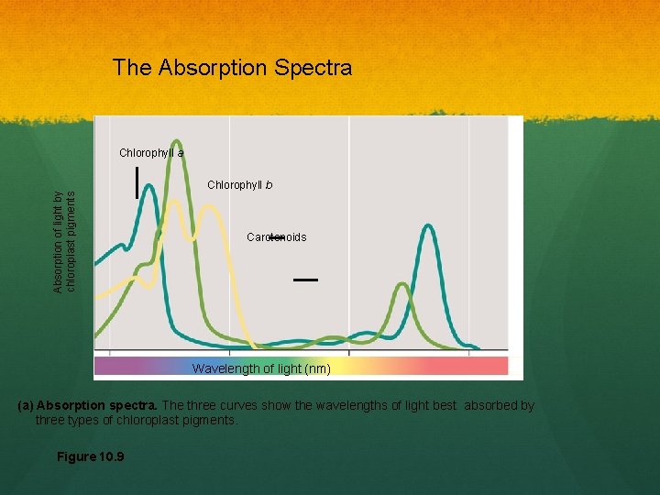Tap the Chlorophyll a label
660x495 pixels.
point(151,153)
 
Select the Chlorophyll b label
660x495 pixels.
point(239,185)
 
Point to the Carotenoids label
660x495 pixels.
point(276,237)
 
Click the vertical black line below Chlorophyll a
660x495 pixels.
point(137,182)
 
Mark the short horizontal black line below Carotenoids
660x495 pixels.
point(305,279)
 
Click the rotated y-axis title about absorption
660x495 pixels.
point(65,242)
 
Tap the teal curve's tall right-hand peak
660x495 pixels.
point(426,226)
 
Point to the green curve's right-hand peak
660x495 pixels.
point(401,286)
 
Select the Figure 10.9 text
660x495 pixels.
point(90,456)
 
